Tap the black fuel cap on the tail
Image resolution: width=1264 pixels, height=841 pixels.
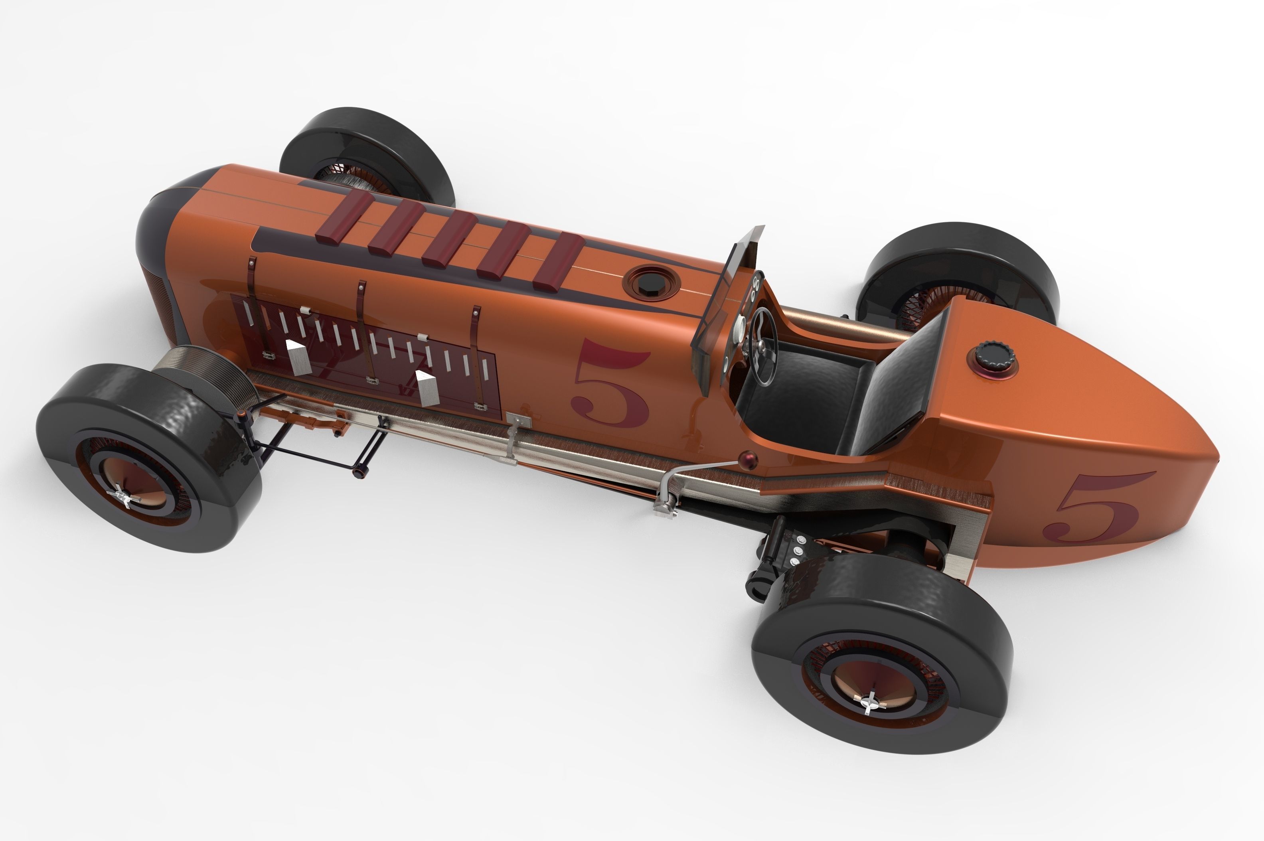pos(994,355)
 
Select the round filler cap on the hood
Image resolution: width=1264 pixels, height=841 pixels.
pos(650,280)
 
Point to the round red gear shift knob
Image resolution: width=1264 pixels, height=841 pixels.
pos(747,458)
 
